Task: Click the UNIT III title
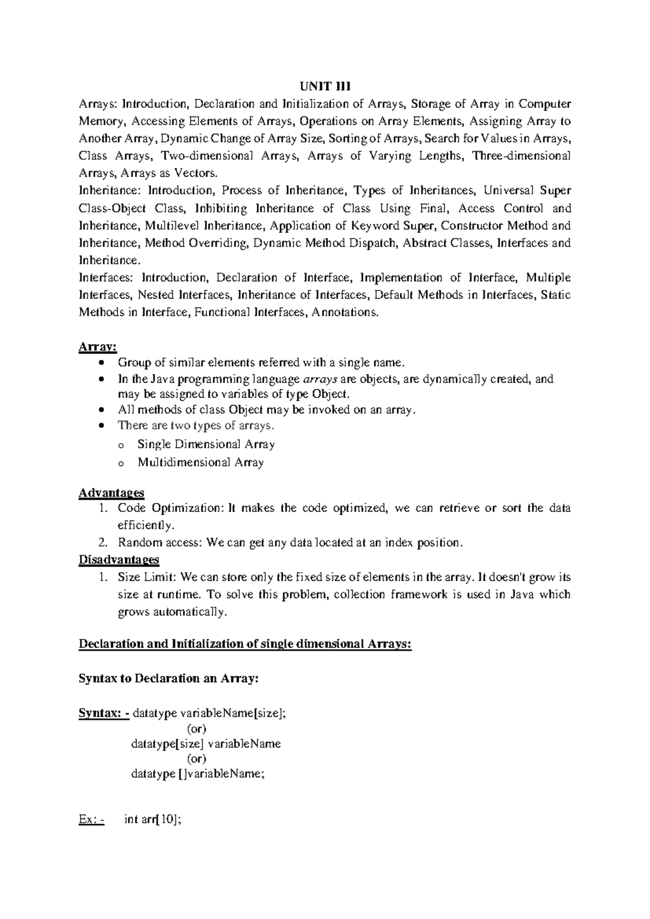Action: (324, 86)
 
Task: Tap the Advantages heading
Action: (112, 493)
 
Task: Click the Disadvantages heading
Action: (119, 559)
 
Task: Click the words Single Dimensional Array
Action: (206, 445)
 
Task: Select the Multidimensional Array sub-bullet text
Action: (200, 463)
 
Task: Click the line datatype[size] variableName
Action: (206, 744)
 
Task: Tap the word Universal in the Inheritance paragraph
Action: (506, 191)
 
